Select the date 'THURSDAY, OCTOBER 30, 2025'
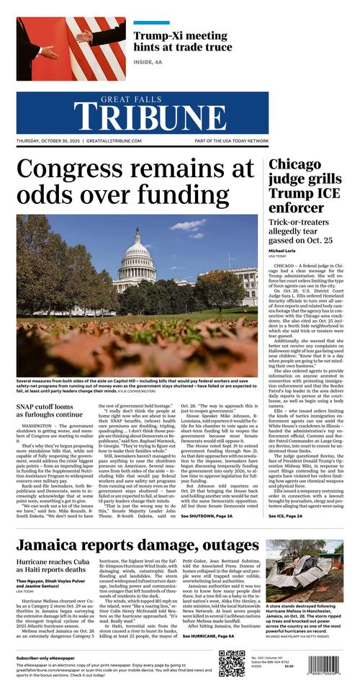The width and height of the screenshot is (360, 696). [48, 141]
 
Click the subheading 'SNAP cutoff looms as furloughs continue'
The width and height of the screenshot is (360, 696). [50, 410]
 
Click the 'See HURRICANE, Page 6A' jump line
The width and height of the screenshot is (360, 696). [208, 636]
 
